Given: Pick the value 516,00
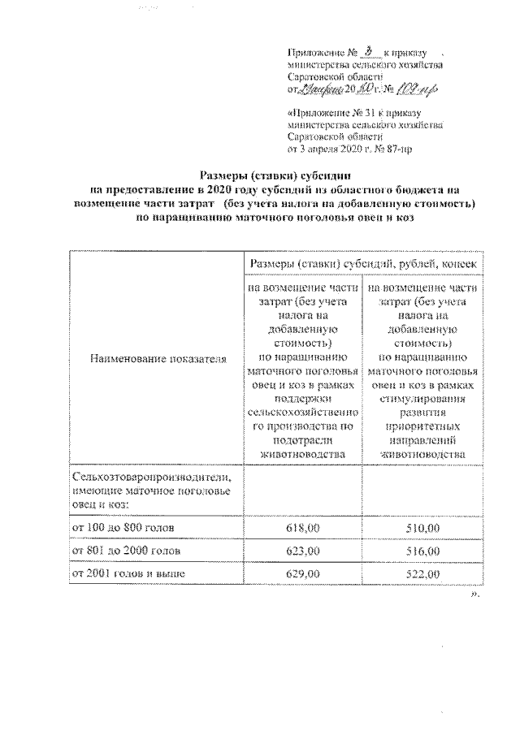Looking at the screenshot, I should pos(422,551).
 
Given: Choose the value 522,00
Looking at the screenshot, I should pos(422,574).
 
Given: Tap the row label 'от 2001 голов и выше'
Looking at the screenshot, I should pos(128,574).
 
